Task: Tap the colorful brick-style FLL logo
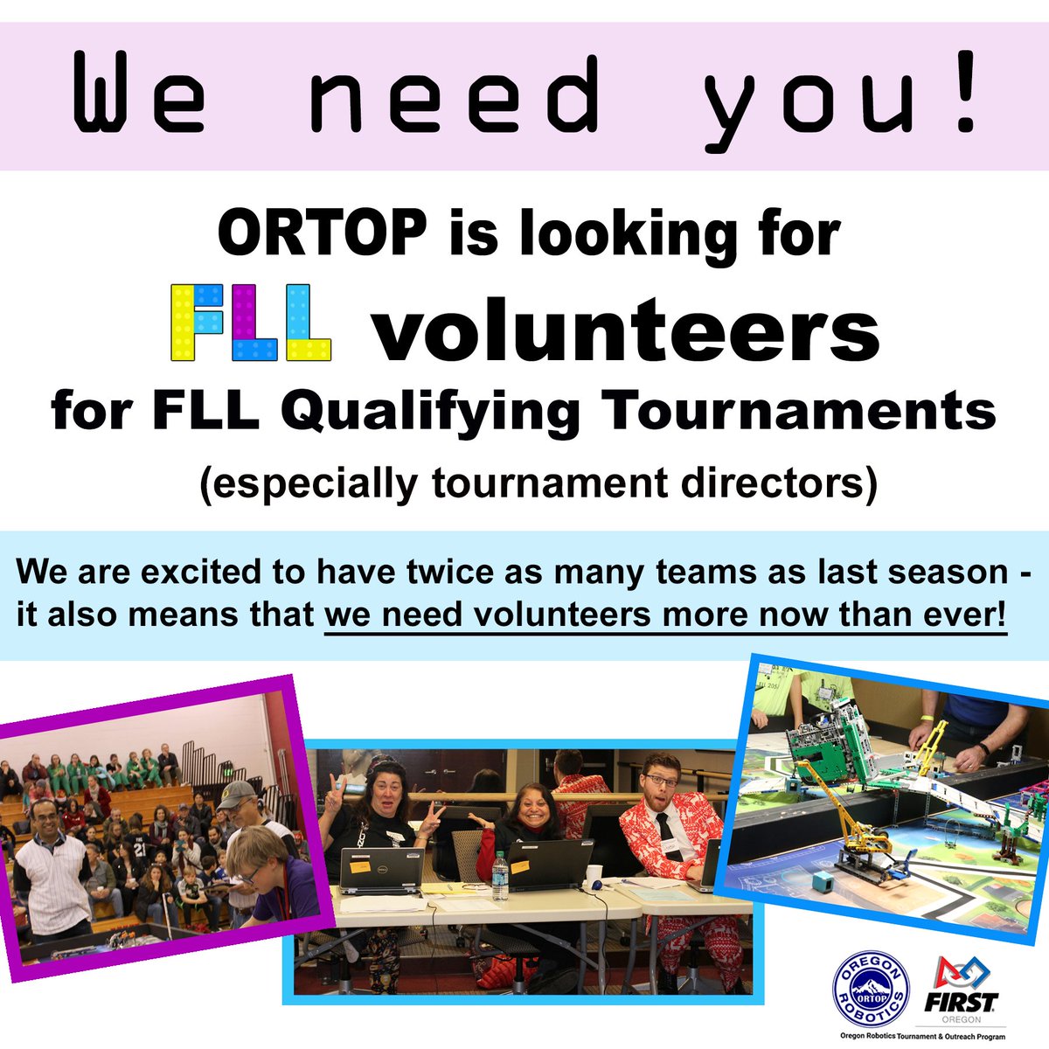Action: click(251, 323)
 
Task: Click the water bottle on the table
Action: click(501, 876)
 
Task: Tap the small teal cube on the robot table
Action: click(822, 882)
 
